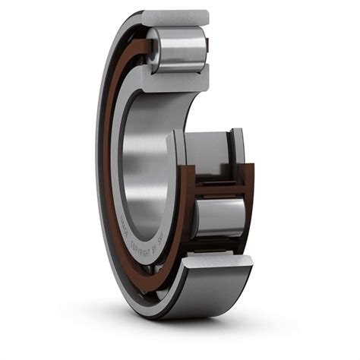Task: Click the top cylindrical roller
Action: [x=181, y=50]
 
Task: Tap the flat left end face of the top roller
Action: [x=153, y=51]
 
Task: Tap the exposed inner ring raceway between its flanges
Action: [x=205, y=152]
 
